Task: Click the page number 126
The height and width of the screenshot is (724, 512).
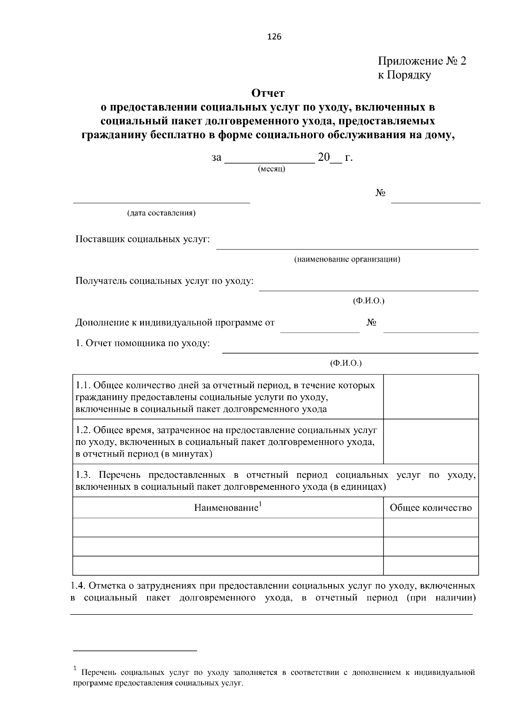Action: coord(274,37)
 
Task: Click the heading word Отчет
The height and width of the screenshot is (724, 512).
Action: coord(268,93)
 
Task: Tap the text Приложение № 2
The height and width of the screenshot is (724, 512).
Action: coord(422,61)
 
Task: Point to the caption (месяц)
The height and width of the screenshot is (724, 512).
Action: coord(272,169)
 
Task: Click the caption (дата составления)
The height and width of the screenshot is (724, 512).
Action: coord(161,213)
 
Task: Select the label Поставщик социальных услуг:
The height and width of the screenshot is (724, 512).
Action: coord(143,239)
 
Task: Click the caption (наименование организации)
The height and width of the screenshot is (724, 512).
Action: coord(347,259)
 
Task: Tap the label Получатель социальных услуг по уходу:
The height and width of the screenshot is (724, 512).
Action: coord(165,281)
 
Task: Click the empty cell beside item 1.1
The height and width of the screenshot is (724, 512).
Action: coord(431,396)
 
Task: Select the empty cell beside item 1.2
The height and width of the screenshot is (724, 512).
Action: coord(431,441)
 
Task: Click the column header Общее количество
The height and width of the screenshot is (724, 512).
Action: coord(431,508)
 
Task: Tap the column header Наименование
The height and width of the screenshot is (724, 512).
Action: coord(226,508)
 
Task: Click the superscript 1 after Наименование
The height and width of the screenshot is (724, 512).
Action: coord(260,504)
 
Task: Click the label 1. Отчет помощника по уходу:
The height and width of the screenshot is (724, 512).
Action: coord(143,343)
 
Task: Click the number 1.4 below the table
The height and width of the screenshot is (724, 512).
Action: coord(78,585)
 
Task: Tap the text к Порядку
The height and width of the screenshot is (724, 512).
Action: coord(404,75)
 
